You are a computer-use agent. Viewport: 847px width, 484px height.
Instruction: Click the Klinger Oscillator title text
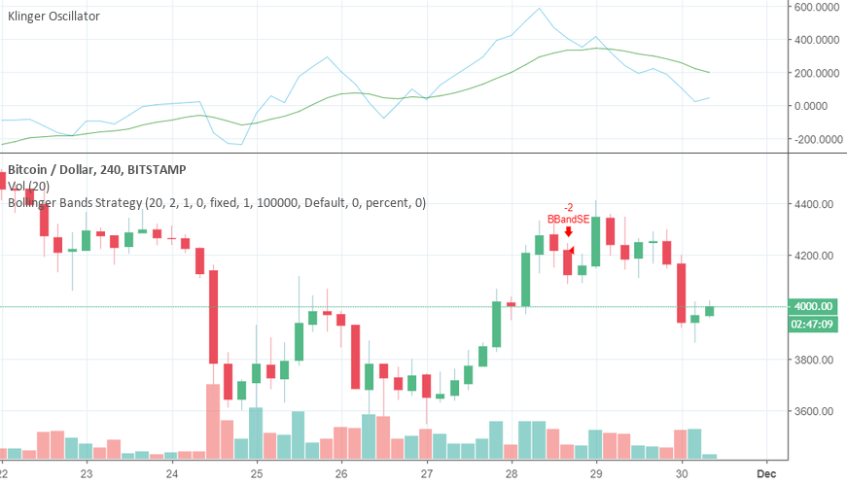pyautogui.click(x=53, y=17)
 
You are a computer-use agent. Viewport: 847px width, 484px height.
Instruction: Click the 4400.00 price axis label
pyautogui.click(x=816, y=205)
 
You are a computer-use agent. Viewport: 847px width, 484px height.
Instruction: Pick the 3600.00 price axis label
pyautogui.click(x=816, y=411)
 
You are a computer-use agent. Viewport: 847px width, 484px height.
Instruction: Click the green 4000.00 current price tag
pyautogui.click(x=815, y=305)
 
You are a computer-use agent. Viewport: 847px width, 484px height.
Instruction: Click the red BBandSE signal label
pyautogui.click(x=567, y=219)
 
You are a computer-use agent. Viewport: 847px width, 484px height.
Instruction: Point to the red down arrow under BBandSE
pyautogui.click(x=568, y=232)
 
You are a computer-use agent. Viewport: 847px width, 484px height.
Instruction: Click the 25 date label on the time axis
pyautogui.click(x=257, y=473)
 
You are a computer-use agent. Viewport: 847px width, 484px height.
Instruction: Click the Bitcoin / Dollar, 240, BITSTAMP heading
pyautogui.click(x=96, y=169)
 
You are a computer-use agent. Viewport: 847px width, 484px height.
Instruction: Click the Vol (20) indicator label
pyautogui.click(x=28, y=186)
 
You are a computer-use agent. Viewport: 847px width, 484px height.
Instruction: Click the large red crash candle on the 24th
pyautogui.click(x=212, y=317)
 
